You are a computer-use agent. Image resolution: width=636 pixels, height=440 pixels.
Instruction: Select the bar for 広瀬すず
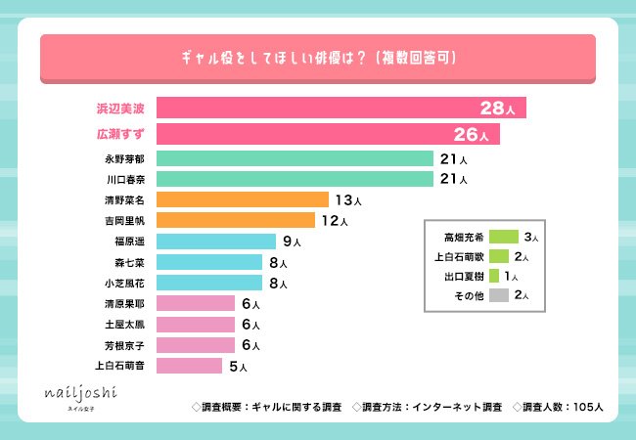pyautogui.click(x=328, y=133)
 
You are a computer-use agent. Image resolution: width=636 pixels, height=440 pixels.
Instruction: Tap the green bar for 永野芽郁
pyautogui.click(x=295, y=158)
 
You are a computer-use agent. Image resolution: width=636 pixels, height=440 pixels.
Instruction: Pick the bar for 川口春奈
pyautogui.click(x=295, y=179)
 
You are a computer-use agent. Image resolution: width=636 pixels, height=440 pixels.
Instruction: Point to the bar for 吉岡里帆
pyautogui.click(x=235, y=220)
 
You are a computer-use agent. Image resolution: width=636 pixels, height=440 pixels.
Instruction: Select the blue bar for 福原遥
pyautogui.click(x=215, y=241)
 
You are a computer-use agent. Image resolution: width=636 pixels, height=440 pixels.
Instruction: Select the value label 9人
pyautogui.click(x=291, y=242)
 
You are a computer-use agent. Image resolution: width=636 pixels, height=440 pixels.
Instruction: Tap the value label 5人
pyautogui.click(x=237, y=367)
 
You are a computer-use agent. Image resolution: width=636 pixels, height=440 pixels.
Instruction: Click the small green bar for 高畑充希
pyautogui.click(x=502, y=237)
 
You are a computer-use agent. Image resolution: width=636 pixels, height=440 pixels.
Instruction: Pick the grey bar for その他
pyautogui.click(x=498, y=294)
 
